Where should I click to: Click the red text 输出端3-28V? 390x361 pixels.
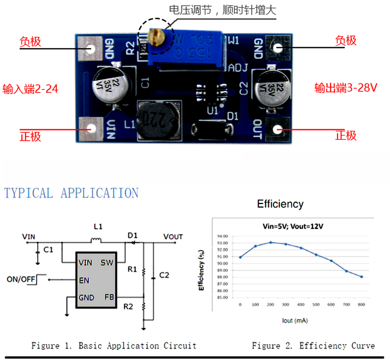tap(345, 88)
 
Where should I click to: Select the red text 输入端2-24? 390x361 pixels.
tap(30, 89)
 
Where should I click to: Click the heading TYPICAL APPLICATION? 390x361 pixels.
tap(71, 193)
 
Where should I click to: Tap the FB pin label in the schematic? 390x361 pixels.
tap(109, 297)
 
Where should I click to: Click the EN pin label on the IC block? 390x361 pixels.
tap(84, 280)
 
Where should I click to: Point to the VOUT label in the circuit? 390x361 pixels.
tap(173, 237)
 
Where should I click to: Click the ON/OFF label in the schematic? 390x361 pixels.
tap(21, 279)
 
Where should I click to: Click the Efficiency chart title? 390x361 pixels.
tap(280, 204)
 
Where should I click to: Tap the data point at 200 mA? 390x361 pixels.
tap(270, 243)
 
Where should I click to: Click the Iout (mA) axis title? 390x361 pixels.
tap(295, 320)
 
